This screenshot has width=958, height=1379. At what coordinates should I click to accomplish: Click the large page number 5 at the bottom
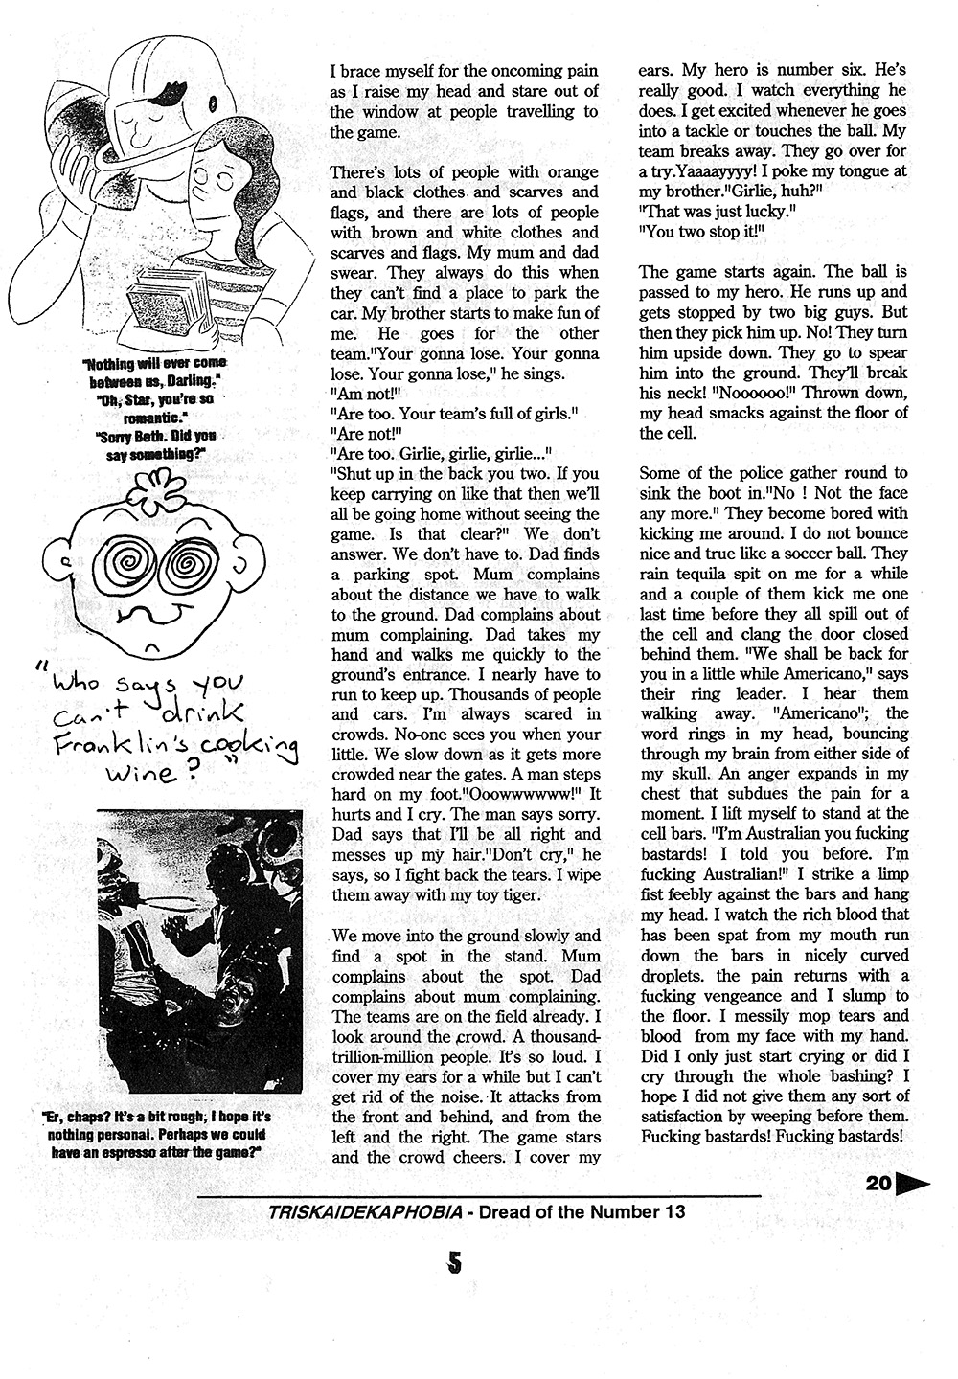(x=455, y=1263)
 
